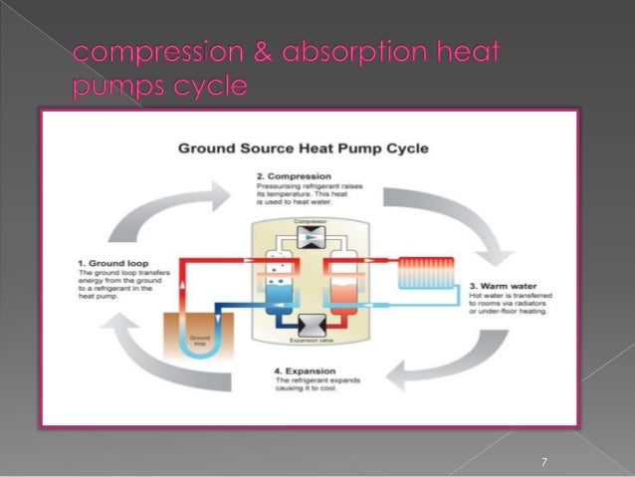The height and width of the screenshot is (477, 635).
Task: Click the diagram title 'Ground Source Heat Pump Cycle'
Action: tap(303, 149)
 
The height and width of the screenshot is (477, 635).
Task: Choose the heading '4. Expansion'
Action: tap(304, 371)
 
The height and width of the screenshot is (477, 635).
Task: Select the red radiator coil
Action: tap(426, 269)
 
